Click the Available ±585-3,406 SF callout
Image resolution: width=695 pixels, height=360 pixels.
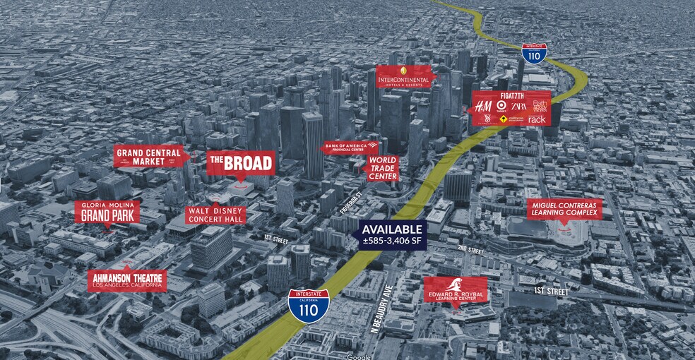click(393, 233)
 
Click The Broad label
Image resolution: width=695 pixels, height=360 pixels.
click(240, 164)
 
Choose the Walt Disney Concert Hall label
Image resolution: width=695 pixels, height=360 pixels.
click(215, 215)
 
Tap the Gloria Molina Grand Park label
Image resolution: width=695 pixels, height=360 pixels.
click(107, 210)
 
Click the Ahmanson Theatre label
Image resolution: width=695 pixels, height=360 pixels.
click(127, 280)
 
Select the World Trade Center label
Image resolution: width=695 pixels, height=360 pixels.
click(382, 168)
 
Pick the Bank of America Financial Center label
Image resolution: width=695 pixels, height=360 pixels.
click(350, 148)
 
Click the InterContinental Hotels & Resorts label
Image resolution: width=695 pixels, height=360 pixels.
click(404, 76)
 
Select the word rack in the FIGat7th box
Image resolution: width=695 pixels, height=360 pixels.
click(537, 120)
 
